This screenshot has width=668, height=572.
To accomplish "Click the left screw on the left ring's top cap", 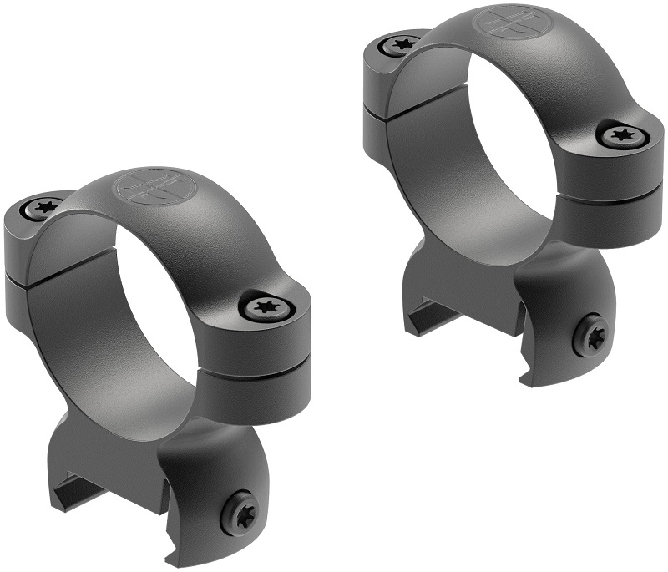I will click(x=47, y=205).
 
